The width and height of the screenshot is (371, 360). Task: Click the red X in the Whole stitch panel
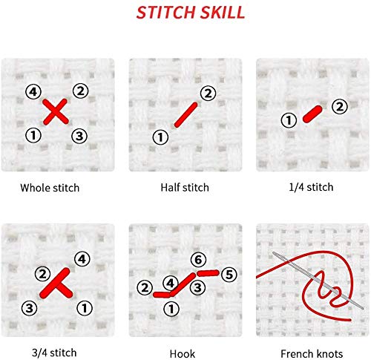(x=55, y=113)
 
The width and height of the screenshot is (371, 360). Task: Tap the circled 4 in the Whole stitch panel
(x=32, y=91)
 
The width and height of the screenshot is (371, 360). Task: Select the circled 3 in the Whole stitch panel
(x=79, y=136)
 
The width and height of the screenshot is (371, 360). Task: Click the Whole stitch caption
(x=50, y=188)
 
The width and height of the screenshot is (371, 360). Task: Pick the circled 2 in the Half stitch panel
(x=208, y=93)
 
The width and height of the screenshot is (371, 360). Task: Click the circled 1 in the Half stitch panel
(x=160, y=137)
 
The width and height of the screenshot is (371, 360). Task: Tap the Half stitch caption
(x=185, y=188)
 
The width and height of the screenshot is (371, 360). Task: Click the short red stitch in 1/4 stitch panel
(x=311, y=114)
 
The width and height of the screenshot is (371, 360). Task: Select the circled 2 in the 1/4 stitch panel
(x=338, y=107)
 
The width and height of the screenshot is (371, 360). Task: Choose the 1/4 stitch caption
(x=312, y=188)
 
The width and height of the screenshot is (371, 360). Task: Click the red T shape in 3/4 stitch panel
(x=56, y=282)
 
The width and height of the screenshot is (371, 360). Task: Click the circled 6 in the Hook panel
(x=197, y=260)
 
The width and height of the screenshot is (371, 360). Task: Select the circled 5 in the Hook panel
(x=229, y=275)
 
